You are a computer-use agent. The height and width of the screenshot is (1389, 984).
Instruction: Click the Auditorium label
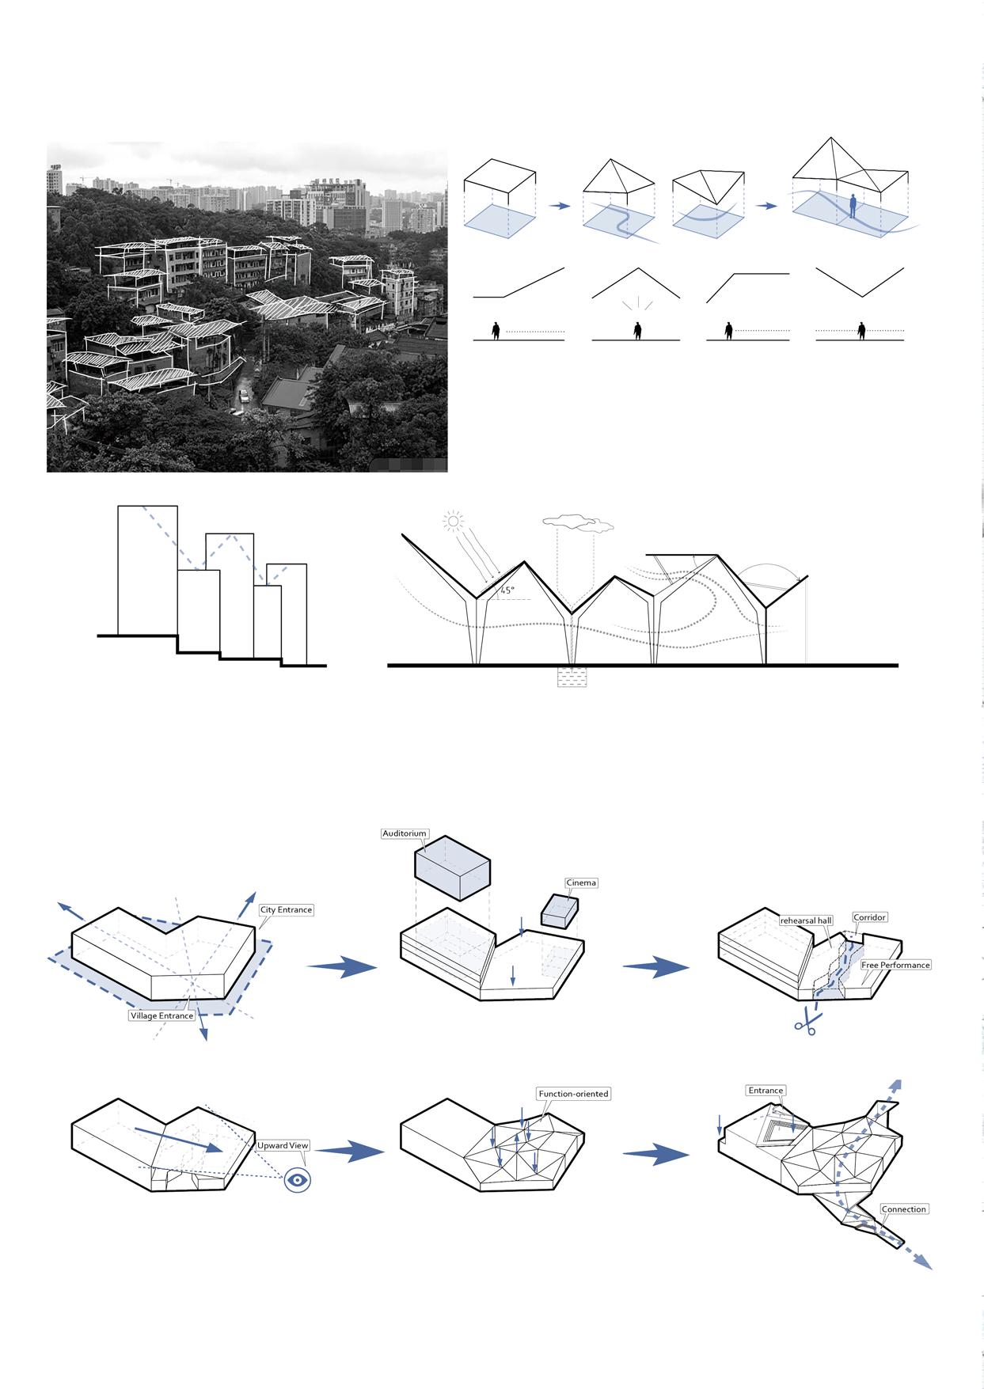tap(405, 833)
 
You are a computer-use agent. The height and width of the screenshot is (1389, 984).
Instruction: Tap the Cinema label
tap(581, 882)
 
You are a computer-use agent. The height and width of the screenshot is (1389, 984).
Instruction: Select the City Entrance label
tap(286, 910)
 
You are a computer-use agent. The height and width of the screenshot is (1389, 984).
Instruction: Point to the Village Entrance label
tap(161, 1015)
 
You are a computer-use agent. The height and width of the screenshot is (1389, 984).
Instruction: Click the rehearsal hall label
tap(806, 920)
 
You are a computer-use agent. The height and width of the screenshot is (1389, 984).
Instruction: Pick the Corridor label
tap(870, 917)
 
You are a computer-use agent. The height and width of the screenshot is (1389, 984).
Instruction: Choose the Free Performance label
tap(895, 965)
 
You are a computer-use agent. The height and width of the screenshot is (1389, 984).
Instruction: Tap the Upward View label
tap(283, 1145)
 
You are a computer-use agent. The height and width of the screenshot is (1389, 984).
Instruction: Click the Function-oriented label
tap(573, 1094)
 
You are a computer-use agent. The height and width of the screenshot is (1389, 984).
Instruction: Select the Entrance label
tap(766, 1091)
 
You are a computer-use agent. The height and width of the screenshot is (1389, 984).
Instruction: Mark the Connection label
tap(903, 1209)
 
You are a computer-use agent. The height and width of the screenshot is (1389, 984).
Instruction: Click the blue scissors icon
tap(805, 1023)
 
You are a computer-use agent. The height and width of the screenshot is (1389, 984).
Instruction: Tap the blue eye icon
tap(298, 1180)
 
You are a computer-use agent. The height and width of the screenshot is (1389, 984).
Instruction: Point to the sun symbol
tap(453, 521)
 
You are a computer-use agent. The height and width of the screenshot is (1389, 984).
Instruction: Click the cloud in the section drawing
tap(579, 522)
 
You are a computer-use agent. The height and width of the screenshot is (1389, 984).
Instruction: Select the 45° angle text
tap(507, 590)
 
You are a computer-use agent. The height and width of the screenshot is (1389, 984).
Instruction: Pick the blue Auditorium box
tap(452, 867)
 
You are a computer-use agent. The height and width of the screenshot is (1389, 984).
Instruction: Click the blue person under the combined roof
tap(853, 207)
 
